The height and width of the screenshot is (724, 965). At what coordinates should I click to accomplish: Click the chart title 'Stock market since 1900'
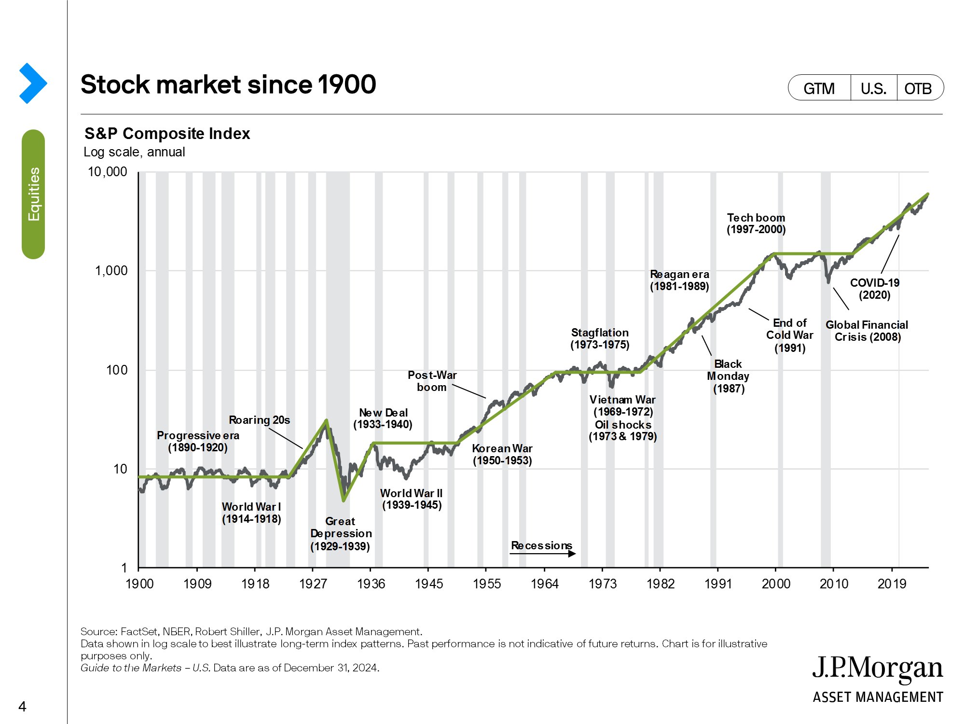[x=228, y=84]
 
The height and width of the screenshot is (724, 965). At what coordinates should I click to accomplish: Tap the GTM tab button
[x=819, y=88]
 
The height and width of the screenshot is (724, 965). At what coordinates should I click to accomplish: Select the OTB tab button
[x=918, y=88]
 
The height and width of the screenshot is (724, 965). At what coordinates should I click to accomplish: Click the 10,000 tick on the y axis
[x=108, y=172]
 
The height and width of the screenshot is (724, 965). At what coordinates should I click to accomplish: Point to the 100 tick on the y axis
[x=117, y=370]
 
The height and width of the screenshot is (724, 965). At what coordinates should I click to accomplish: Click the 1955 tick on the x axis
[x=487, y=584]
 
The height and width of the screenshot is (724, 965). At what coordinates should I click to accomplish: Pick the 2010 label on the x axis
[x=834, y=584]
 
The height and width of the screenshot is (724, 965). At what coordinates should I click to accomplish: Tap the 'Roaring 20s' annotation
[x=259, y=420]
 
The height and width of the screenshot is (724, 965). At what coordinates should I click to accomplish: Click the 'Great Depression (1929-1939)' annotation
[x=341, y=534]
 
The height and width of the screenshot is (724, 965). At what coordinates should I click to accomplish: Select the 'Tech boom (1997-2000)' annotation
[x=756, y=223]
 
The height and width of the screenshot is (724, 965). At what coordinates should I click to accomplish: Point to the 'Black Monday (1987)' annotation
[x=728, y=376]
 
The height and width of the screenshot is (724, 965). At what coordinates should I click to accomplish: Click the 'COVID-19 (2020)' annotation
[x=874, y=289]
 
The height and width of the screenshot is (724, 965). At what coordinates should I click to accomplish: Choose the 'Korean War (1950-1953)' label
[x=502, y=454]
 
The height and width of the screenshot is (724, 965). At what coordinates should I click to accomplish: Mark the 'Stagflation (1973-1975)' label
[x=600, y=338]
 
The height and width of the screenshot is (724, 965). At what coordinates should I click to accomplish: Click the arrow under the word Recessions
[x=543, y=554]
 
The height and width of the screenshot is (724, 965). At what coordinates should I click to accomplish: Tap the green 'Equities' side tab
[x=33, y=194]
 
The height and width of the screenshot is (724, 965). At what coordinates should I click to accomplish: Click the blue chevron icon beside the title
[x=33, y=84]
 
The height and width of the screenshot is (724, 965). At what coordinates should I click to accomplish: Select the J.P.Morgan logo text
[x=877, y=668]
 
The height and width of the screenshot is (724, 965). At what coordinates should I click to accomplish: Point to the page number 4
[x=22, y=707]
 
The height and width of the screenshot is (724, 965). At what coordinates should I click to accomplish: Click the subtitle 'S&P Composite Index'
[x=167, y=133]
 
